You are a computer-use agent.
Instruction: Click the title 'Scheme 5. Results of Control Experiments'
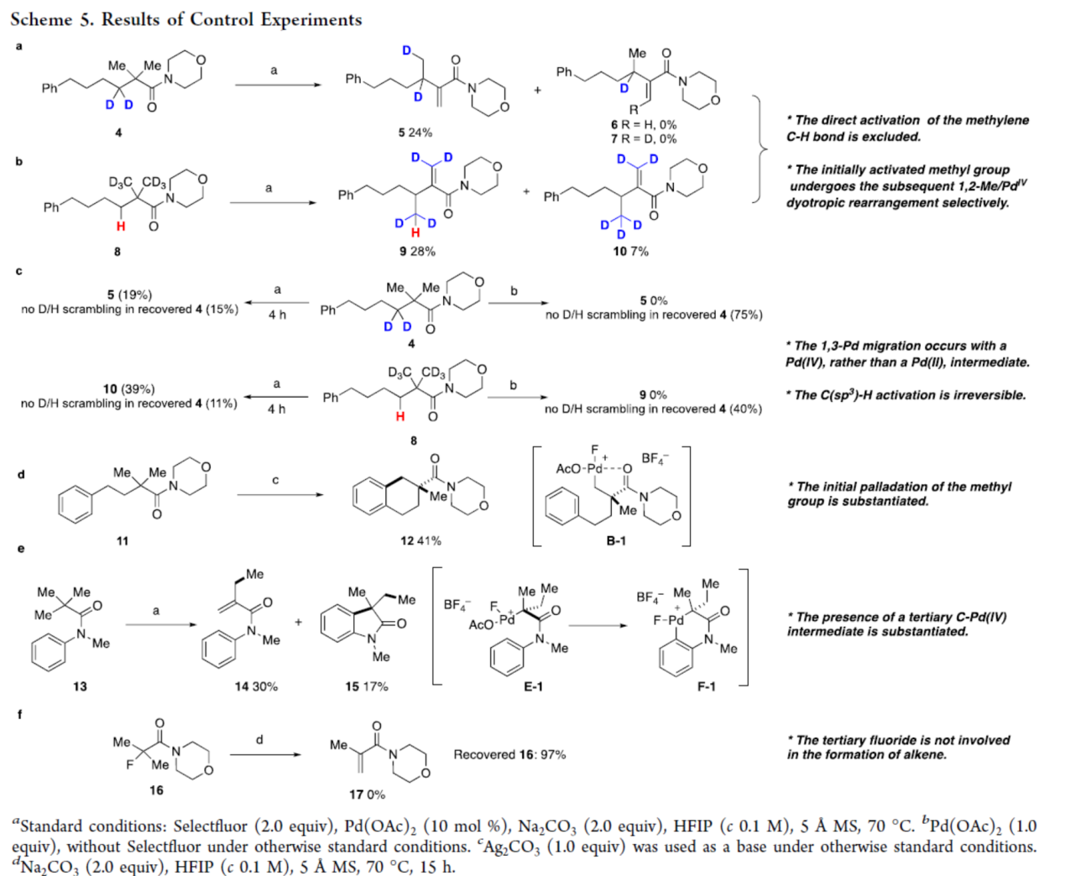[186, 19]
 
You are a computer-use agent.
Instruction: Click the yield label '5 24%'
[415, 133]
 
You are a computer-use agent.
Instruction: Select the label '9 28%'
[417, 251]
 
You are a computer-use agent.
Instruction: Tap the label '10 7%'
[630, 251]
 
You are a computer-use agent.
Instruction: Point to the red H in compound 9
[415, 233]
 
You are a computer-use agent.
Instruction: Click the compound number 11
[123, 540]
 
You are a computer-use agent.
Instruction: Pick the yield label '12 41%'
[420, 540]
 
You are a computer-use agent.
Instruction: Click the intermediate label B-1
[616, 540]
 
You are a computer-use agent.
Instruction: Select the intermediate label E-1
[533, 686]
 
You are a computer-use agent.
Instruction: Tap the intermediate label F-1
[707, 686]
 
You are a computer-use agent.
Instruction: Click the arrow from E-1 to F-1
[598, 625]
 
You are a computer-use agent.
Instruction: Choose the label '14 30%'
[256, 686]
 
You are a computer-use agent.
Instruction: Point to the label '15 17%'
[367, 686]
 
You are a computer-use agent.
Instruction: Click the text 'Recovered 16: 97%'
[509, 754]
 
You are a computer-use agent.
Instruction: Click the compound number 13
[80, 686]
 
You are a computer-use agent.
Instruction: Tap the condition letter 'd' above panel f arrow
[259, 739]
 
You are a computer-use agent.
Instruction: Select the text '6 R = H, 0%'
[644, 125]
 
